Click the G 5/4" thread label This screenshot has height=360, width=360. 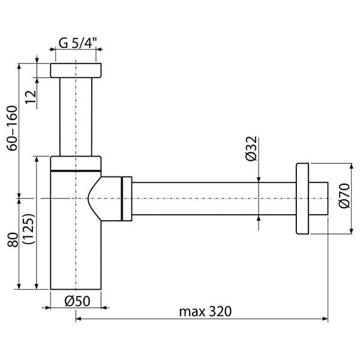(78, 43)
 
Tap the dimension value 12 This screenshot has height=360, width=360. (31, 97)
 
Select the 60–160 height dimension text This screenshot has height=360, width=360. (12, 128)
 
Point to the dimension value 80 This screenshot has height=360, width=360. (13, 239)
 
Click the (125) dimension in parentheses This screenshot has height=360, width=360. (29, 229)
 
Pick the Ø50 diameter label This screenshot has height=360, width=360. (77, 301)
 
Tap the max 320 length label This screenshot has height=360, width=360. (205, 311)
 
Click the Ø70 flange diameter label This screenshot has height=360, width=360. (344, 196)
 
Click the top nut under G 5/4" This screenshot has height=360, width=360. (76, 70)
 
